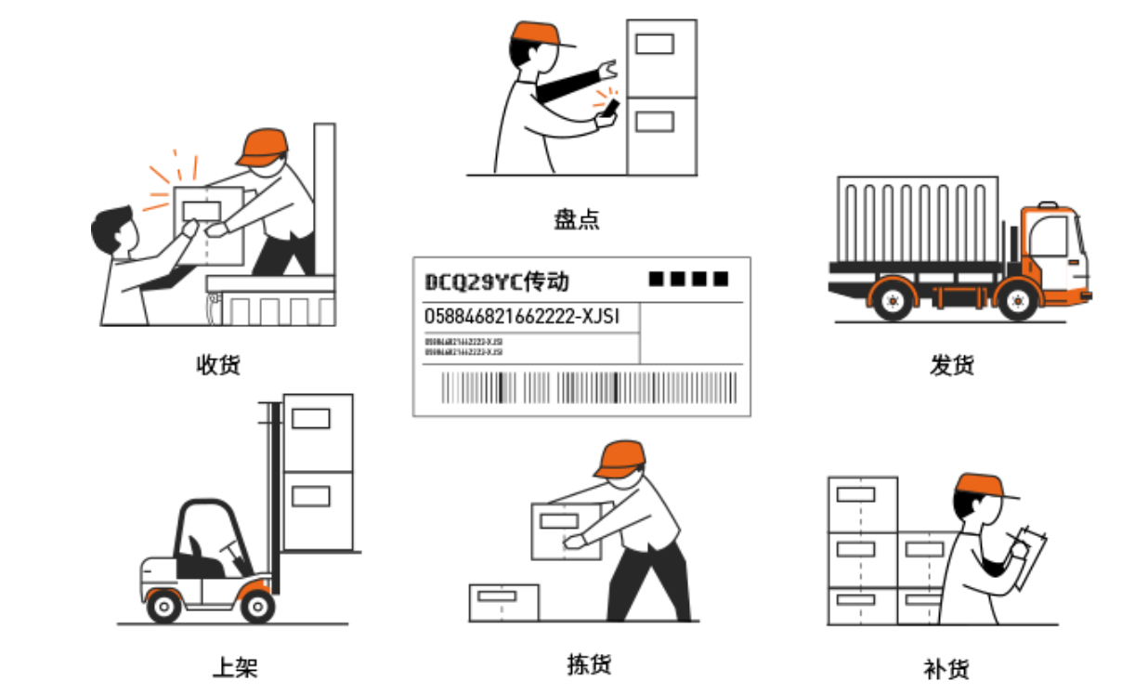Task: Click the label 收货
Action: point(218,364)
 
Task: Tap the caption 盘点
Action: point(577,220)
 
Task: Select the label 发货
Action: point(952,364)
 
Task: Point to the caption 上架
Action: point(235,666)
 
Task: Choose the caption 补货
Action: point(946,668)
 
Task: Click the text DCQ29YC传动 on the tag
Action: point(496,282)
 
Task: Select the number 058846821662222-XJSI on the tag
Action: point(522,317)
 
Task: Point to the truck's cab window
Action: point(1048,236)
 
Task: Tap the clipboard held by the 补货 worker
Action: point(1032,557)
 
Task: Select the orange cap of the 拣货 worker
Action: point(620,457)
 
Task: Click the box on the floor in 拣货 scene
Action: point(503,603)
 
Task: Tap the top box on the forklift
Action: point(317,432)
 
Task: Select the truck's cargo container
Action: point(918,219)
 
